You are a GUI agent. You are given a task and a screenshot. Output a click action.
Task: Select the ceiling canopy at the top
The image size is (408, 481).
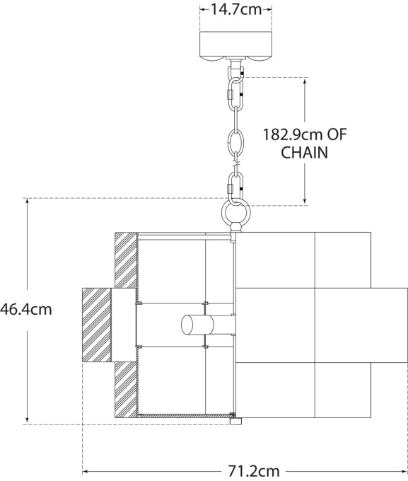click(236, 45)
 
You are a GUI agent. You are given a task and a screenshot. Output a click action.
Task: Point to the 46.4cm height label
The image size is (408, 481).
click(26, 309)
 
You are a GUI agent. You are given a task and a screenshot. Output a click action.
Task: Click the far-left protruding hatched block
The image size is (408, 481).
click(98, 325)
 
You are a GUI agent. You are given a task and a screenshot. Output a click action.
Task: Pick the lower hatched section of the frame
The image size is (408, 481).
click(125, 389)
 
